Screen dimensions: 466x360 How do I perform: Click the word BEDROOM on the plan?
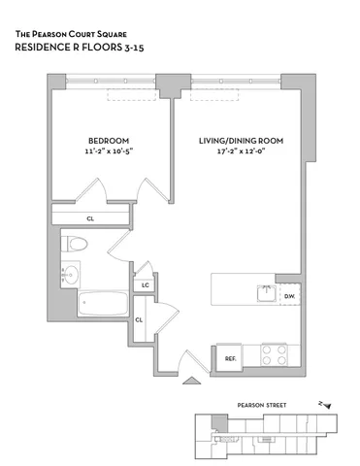tap(107, 140)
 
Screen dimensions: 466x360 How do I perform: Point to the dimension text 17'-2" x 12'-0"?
tap(241, 151)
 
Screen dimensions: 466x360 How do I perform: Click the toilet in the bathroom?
tap(76, 245)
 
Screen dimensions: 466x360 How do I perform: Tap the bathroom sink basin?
tap(69, 277)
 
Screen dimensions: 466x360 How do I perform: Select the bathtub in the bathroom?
tap(101, 307)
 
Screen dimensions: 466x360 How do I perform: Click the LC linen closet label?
tap(145, 284)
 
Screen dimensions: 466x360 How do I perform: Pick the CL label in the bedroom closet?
tap(89, 218)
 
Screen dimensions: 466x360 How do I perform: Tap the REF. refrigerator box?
tap(230, 358)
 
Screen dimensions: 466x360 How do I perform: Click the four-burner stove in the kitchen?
tap(271, 353)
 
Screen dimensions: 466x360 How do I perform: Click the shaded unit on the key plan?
tap(220, 422)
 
